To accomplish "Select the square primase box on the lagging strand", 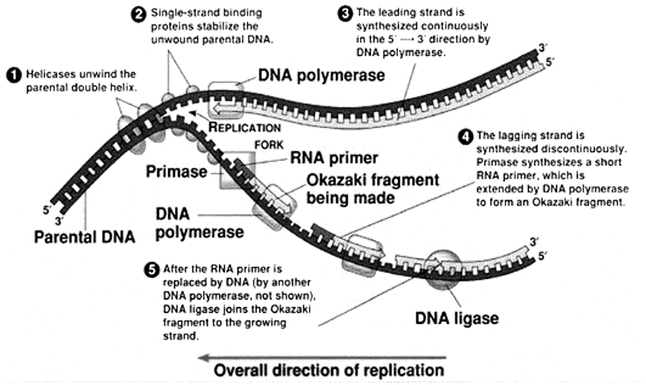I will (237, 171).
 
